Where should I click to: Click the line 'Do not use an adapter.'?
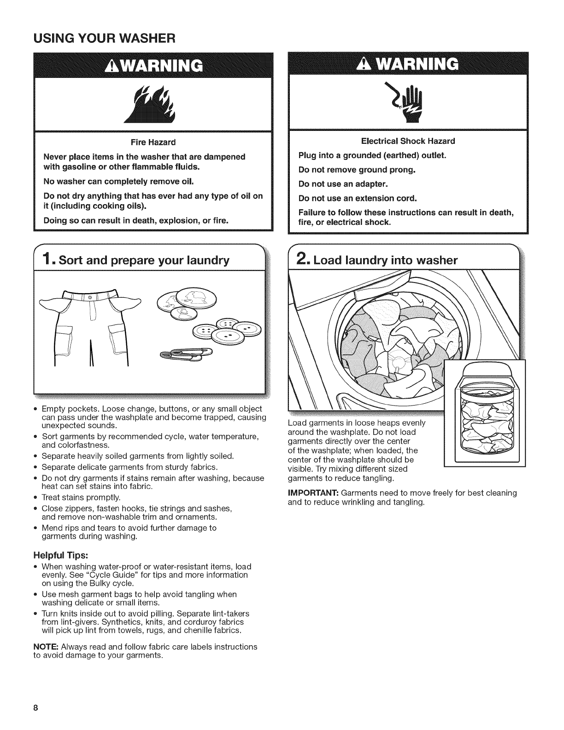[343, 184]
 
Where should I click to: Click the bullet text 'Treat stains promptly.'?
[81, 498]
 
